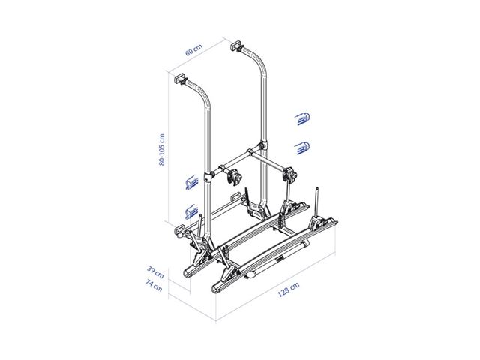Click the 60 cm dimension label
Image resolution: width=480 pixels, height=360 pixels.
(x=193, y=51)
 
